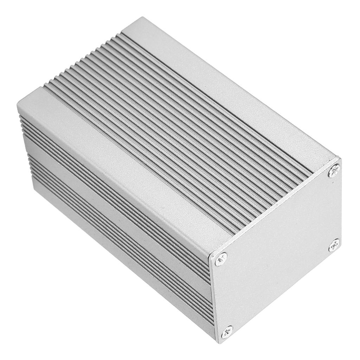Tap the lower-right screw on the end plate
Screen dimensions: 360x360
tap(334, 245)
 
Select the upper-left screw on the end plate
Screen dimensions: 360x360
tap(221, 259)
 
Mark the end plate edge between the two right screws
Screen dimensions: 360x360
tap(340, 209)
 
